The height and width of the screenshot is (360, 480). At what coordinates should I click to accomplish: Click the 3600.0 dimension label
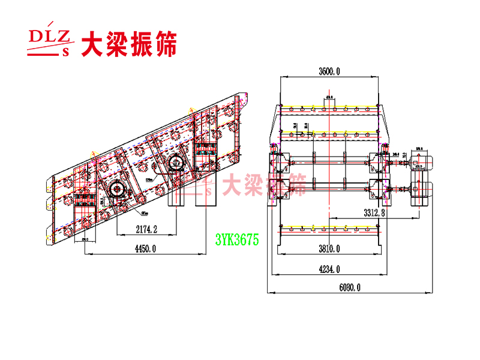(x=329, y=71)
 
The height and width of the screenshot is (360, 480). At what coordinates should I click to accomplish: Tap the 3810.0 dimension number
(x=329, y=248)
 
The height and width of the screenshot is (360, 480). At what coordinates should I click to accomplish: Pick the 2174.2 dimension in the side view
(x=146, y=229)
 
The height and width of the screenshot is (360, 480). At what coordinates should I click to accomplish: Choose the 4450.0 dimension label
(x=144, y=248)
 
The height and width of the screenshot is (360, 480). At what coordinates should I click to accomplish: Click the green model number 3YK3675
(x=237, y=240)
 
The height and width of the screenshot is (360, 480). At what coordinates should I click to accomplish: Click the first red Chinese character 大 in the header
(x=93, y=44)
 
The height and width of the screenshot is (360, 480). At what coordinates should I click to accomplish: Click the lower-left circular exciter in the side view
(x=116, y=190)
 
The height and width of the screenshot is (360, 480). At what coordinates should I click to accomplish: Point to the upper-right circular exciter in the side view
(x=176, y=161)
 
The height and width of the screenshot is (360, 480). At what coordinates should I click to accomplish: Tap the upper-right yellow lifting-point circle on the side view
(x=191, y=111)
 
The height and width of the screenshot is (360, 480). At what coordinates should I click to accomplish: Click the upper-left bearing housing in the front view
(x=280, y=161)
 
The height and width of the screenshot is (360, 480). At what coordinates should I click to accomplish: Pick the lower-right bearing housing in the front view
(x=379, y=188)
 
